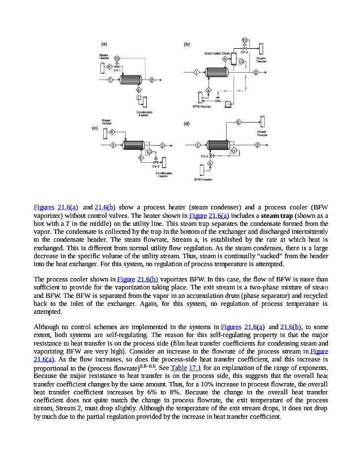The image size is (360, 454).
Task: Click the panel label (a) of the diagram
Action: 104,44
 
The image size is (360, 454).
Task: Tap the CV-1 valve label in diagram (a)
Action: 117,70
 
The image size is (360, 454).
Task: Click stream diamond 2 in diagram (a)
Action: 152,80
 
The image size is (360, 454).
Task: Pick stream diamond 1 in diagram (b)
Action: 196,73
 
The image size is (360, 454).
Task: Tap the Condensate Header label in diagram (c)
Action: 164,174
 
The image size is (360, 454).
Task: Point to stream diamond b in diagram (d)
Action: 238,122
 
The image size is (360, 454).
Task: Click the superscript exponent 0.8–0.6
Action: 155,365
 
